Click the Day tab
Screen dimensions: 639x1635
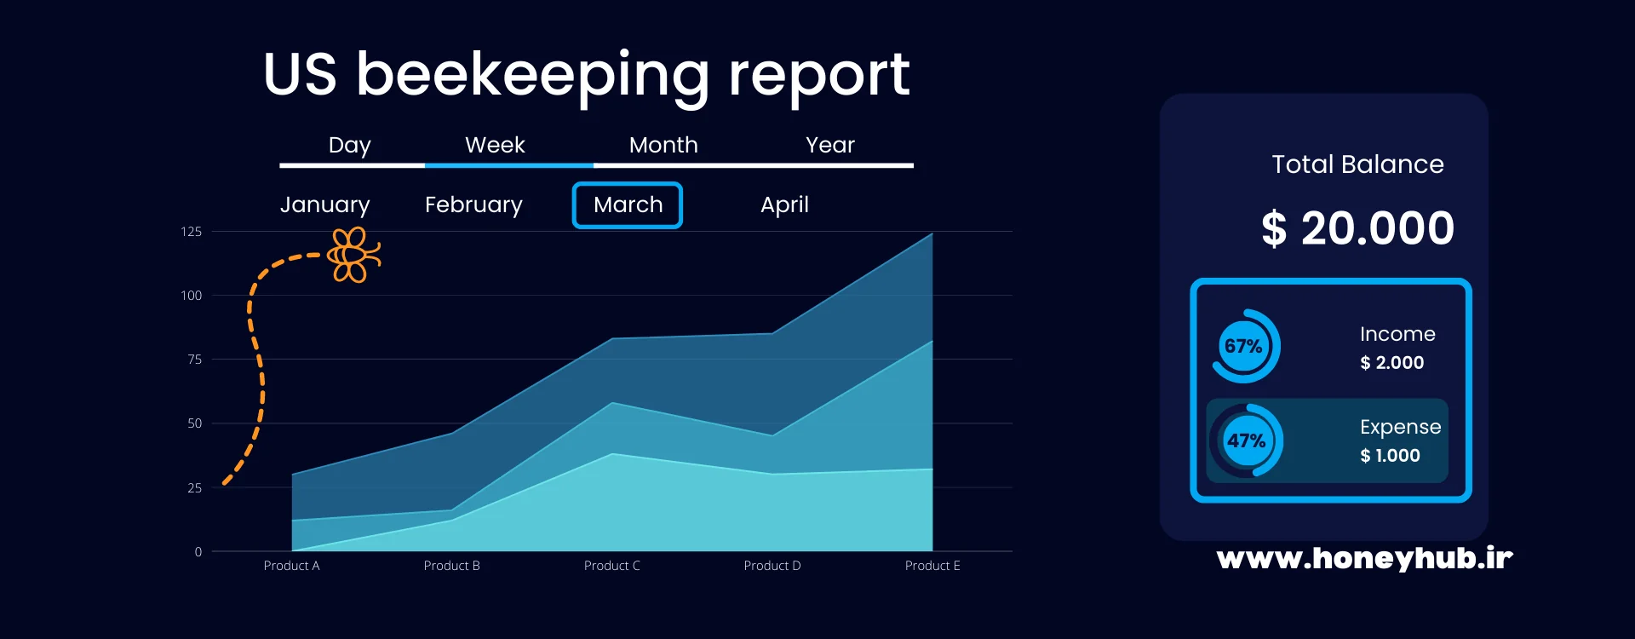click(349, 146)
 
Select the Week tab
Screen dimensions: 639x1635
click(495, 146)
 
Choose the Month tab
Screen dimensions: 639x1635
click(663, 146)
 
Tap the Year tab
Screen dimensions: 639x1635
click(829, 146)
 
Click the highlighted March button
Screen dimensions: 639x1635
click(628, 205)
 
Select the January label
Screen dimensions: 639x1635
click(324, 205)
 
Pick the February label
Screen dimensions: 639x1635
click(473, 205)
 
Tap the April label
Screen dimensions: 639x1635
click(784, 205)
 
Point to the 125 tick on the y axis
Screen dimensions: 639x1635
click(191, 232)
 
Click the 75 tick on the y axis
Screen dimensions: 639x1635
click(194, 360)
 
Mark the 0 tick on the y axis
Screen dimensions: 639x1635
click(198, 552)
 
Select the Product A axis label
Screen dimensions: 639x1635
click(291, 566)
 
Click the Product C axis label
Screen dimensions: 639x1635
click(611, 566)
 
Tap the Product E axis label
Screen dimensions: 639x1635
click(932, 566)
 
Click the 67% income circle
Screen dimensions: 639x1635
click(1244, 346)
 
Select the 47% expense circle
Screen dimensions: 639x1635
click(1246, 440)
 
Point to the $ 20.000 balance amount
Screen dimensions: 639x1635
click(1357, 228)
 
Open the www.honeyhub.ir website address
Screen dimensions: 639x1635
click(1364, 558)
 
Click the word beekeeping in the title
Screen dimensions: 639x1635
click(532, 75)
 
